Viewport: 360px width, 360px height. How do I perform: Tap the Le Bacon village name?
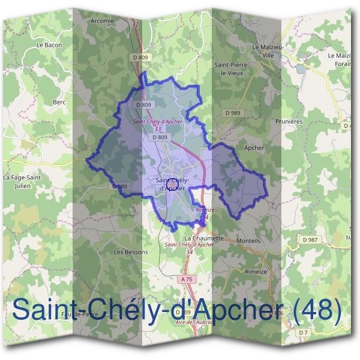point(49,45)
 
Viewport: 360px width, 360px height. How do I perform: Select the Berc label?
point(59,102)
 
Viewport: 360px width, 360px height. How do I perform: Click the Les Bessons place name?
point(131,252)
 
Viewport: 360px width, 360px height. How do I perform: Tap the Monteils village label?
point(249,240)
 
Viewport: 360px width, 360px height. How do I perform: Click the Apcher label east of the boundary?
point(254,147)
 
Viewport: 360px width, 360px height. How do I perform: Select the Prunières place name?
point(289,121)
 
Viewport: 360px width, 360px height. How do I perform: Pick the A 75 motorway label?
point(186,279)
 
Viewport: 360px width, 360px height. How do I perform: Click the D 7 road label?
point(304,332)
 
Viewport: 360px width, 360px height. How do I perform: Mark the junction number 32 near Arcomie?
point(135,24)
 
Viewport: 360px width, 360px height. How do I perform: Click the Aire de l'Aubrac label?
point(193,323)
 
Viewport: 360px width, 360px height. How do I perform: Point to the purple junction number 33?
point(158,128)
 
